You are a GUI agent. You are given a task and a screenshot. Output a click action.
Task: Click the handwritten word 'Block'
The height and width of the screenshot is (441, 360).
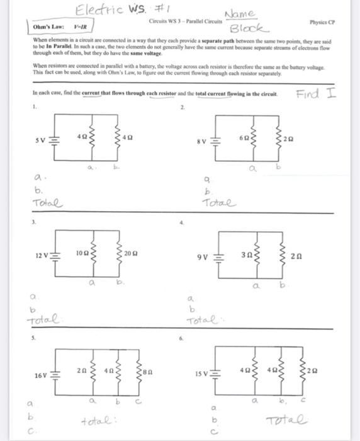pos(249,29)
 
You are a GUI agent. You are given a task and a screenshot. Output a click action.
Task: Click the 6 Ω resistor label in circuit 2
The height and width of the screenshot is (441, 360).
pos(243,137)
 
